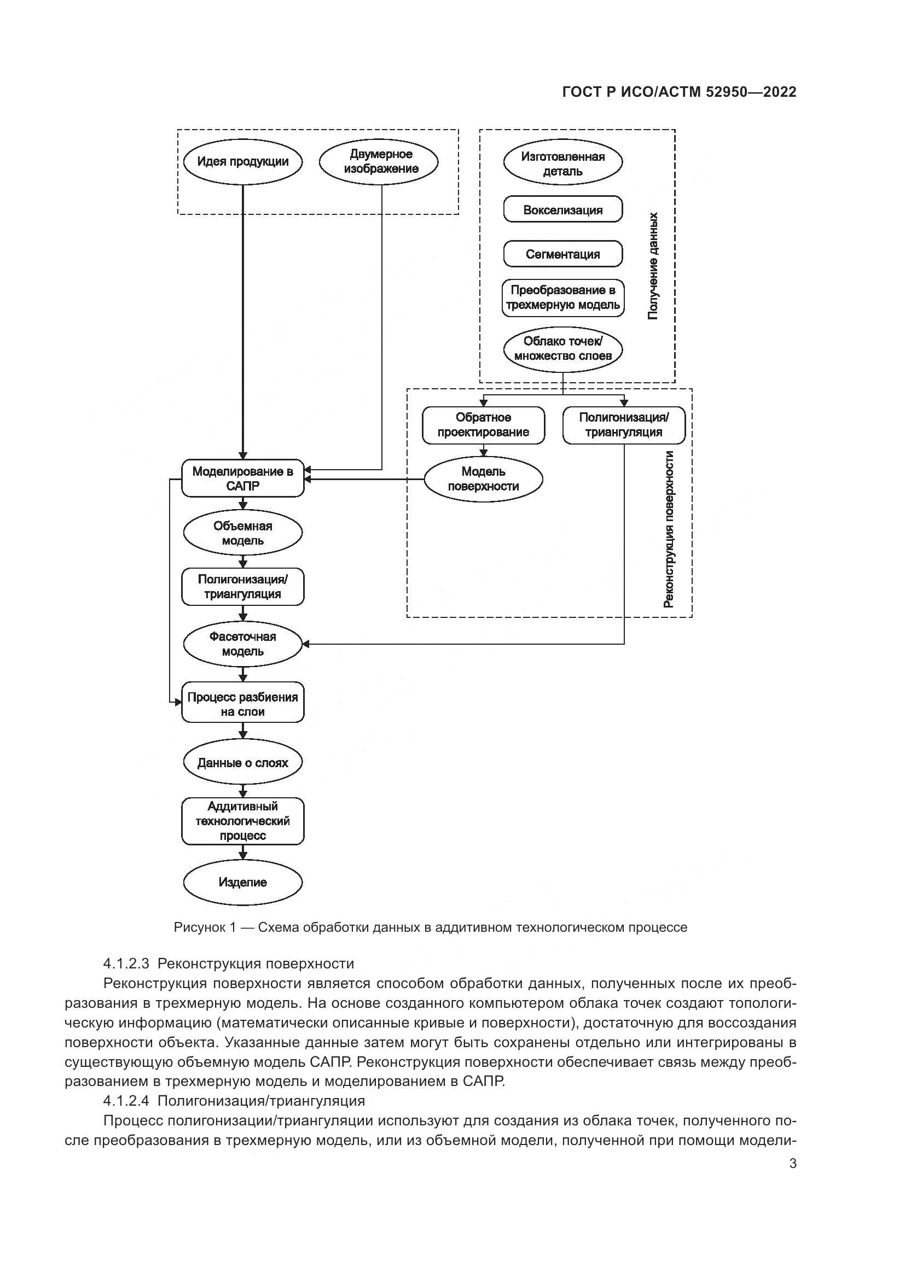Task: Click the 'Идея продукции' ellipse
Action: pos(243,162)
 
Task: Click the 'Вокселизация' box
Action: pos(563,210)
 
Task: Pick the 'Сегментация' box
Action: pos(563,254)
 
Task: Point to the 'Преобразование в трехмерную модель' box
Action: pos(563,297)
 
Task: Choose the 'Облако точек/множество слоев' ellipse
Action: pos(563,349)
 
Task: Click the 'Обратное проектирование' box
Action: pos(483,424)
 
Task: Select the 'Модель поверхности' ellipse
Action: pos(483,478)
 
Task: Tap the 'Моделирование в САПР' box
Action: pos(243,478)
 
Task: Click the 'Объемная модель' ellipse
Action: pos(243,533)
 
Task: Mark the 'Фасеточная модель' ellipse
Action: pos(243,644)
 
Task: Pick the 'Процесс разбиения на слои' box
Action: pos(243,704)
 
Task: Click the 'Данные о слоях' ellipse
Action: pos(243,763)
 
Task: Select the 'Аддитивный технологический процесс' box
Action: pos(243,821)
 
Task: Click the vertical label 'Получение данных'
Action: pos(654,266)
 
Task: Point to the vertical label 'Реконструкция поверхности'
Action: pos(669,529)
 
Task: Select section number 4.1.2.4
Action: pos(125,1101)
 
